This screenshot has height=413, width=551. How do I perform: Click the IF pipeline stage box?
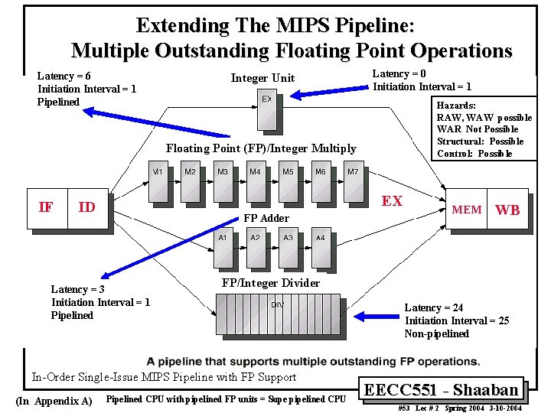tap(47, 207)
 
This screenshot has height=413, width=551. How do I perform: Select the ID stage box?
tap(87, 207)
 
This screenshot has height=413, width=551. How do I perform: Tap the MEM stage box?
tap(467, 209)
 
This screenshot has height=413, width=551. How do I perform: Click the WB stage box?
tap(508, 209)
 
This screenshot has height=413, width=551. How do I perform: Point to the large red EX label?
tap(392, 201)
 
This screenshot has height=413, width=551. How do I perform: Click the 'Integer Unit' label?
tap(262, 78)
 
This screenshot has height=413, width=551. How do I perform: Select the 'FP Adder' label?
tap(266, 219)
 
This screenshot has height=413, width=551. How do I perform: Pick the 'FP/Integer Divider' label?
tap(270, 283)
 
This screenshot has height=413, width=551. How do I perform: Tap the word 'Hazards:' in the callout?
tap(456, 105)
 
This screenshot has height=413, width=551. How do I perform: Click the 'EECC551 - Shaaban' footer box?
tap(443, 389)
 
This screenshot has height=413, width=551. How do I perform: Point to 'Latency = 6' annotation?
tap(64, 76)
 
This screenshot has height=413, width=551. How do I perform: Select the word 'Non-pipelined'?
tap(436, 333)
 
